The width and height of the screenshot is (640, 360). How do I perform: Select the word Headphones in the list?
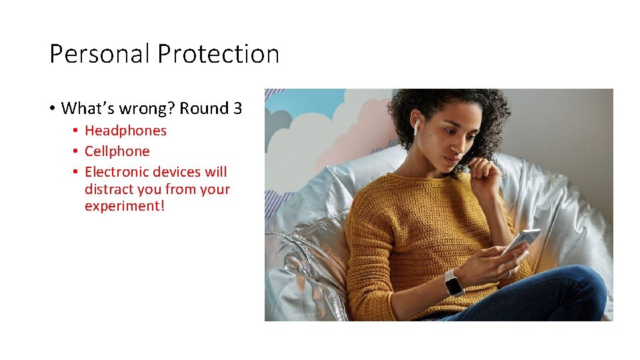point(125,131)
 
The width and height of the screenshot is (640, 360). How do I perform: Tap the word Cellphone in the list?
point(117,151)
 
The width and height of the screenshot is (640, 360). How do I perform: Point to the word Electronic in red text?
point(117,172)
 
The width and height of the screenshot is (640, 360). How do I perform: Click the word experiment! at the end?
point(124,206)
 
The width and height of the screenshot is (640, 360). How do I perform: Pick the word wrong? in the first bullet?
point(149,109)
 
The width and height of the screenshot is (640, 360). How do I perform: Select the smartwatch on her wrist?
point(454,283)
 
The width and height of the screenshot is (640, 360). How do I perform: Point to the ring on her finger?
point(509,273)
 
